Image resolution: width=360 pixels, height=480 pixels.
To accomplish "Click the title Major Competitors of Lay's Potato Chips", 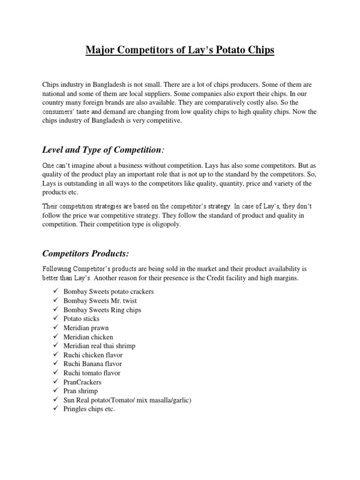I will click(x=180, y=50).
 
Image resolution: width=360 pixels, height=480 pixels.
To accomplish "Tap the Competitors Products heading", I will click(x=85, y=254).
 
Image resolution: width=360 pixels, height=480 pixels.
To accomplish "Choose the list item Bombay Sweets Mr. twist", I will click(x=100, y=300).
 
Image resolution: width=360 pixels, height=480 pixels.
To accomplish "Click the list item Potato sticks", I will click(x=82, y=319).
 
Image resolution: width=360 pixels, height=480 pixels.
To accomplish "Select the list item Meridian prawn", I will click(x=85, y=328).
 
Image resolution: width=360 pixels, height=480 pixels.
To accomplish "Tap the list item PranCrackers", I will click(x=82, y=382).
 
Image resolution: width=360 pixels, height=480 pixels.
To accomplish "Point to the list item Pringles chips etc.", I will click(x=89, y=409).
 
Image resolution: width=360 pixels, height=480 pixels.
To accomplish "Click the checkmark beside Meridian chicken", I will click(x=55, y=337).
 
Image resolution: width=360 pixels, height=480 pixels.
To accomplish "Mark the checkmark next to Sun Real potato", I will click(x=55, y=400).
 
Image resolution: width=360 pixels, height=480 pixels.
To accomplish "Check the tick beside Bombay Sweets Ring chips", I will click(x=55, y=309).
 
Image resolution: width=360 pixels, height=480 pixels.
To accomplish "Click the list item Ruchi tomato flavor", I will click(x=92, y=373).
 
